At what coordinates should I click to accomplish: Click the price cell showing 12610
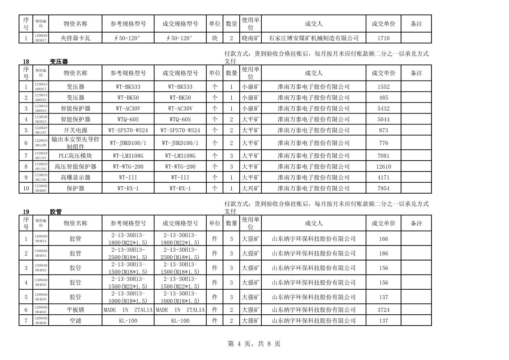coord(383,166)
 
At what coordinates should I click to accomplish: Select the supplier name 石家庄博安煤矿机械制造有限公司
coord(314,38)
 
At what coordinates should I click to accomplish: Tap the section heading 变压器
coord(59,62)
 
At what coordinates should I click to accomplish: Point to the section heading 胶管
coord(56,212)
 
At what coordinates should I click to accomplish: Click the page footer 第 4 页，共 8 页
coord(254,344)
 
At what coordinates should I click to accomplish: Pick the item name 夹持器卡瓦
coord(75,38)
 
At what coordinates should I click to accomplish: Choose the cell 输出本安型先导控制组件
coord(75,143)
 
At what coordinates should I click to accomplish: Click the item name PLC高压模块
coord(75,156)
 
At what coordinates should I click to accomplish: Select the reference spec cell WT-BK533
coord(128,87)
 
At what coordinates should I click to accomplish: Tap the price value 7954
coord(383,188)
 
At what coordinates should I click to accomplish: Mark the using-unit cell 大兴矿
coord(251,188)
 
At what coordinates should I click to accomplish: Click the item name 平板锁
coord(75,310)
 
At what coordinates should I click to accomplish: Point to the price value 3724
coord(383,310)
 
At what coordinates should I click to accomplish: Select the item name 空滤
coord(75,320)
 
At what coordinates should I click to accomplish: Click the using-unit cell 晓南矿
coord(251,38)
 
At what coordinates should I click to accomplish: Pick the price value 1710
coord(383,38)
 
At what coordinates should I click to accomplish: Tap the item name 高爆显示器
coord(75,177)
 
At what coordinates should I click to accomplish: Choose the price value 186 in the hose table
coord(383,253)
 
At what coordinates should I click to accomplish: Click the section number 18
coord(26,62)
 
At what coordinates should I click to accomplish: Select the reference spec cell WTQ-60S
coord(128,119)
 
